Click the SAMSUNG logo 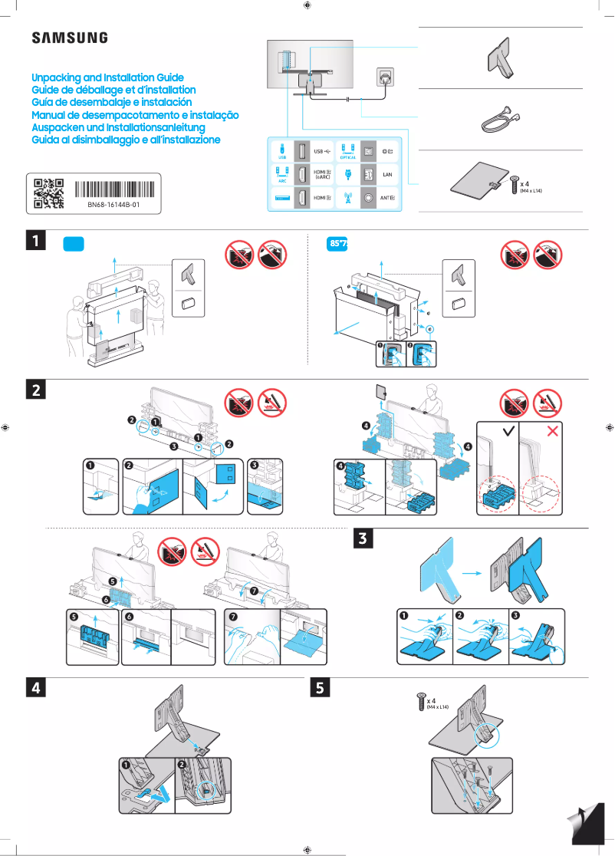coord(69,38)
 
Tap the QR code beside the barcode coord(48,193)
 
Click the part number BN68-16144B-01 coord(113,206)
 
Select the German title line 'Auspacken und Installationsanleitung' coord(118,127)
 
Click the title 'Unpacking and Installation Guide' coord(107,77)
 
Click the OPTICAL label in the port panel coord(347,157)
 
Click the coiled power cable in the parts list coord(499,119)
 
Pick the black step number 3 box coord(365,539)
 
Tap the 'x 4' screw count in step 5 coord(432,700)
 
